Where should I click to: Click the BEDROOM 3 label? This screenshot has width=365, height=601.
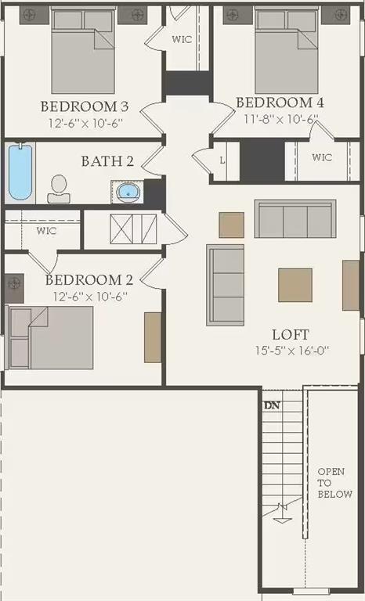click(85, 106)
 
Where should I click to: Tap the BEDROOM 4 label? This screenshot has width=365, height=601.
click(280, 103)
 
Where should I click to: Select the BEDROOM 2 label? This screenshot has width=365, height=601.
click(89, 280)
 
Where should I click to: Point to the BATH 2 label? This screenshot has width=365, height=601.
click(107, 162)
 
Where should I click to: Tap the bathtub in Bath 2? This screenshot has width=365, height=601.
click(20, 171)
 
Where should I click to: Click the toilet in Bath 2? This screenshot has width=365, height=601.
click(59, 189)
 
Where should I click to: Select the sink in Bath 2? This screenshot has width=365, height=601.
click(127, 190)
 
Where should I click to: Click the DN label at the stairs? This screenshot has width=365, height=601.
click(272, 406)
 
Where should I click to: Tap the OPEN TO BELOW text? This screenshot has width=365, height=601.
click(334, 483)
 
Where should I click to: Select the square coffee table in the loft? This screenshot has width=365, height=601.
click(295, 285)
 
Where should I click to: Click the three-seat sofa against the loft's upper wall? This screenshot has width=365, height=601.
click(295, 218)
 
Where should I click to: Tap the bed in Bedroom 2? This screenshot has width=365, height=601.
click(52, 337)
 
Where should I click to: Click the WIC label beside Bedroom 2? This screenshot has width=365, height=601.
click(46, 232)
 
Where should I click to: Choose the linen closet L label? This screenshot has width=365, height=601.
click(223, 160)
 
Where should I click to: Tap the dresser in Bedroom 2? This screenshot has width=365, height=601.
click(153, 337)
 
